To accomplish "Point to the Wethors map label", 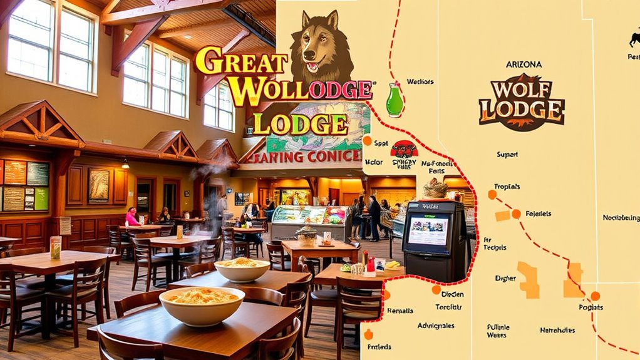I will pos(420,81).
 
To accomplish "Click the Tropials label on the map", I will pos(507,187).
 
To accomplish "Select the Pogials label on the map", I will pos(591,307).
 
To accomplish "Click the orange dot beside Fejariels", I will pos(515,214).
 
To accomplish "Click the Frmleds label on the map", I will pos(380,346).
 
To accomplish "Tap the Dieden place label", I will pos(452,294).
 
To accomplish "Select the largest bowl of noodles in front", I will pos(202,306).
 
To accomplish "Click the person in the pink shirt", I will pos(132,217).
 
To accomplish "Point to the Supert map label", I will pos(507,154).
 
